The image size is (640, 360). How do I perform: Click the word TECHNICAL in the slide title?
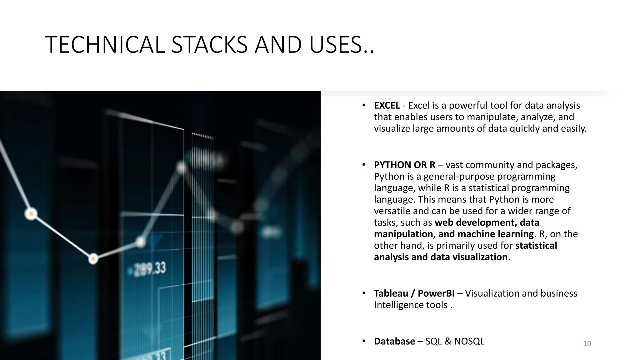point(105,45)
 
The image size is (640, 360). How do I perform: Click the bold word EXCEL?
point(387,106)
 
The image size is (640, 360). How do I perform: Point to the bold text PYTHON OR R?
point(404,165)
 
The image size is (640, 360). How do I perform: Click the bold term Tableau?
point(391,293)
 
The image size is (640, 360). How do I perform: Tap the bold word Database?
point(394,341)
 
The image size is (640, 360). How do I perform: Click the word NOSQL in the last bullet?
point(469,341)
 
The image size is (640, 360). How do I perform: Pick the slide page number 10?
point(587,344)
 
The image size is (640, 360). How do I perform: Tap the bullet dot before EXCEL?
point(364,105)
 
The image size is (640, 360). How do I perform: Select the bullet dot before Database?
point(364,341)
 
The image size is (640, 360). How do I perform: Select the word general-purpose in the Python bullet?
point(459,177)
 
